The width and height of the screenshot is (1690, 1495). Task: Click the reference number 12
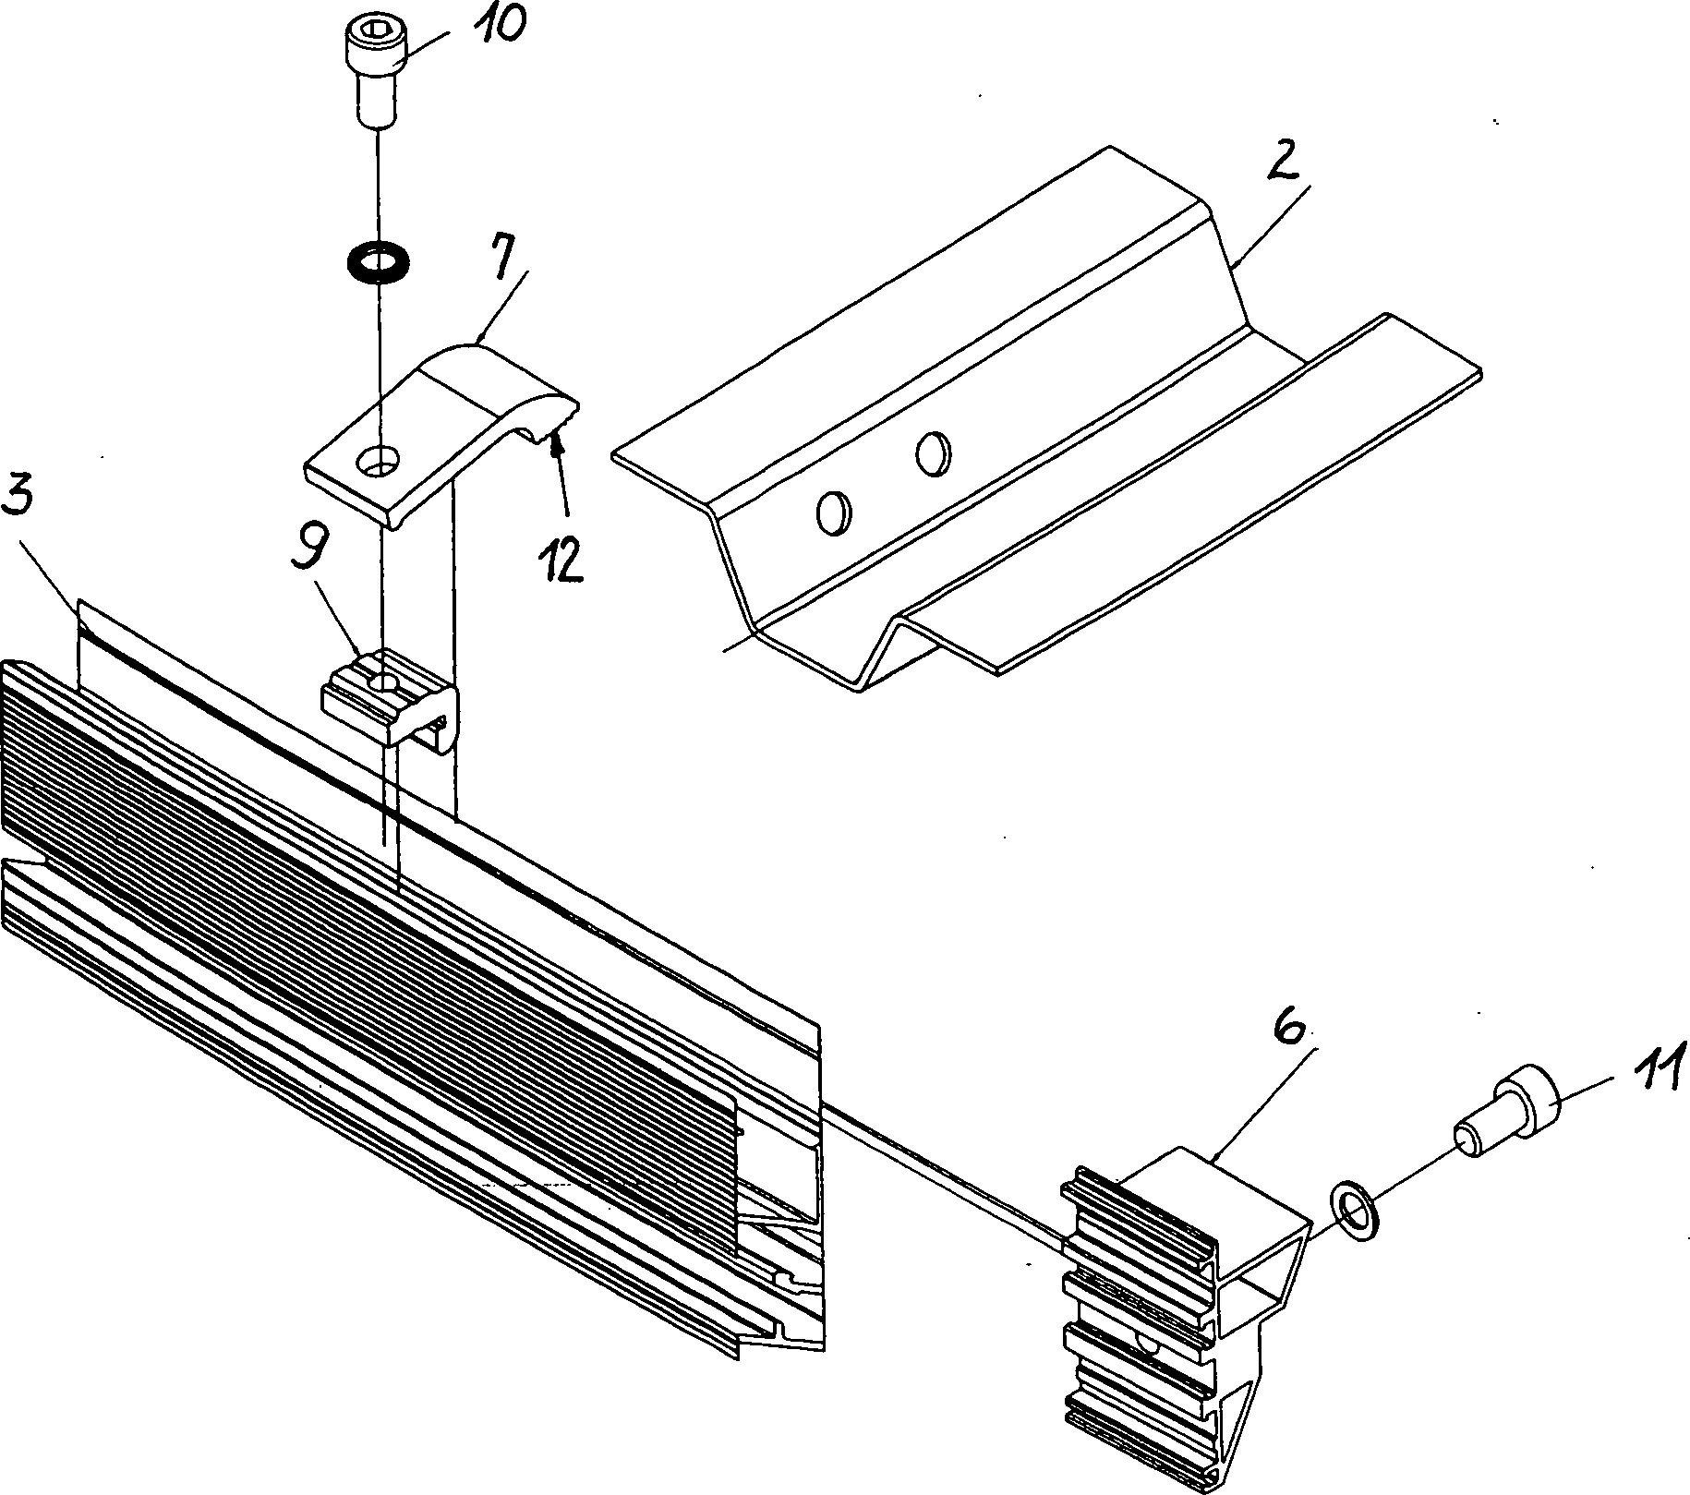click(562, 555)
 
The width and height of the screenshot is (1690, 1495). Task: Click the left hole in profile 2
click(831, 512)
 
